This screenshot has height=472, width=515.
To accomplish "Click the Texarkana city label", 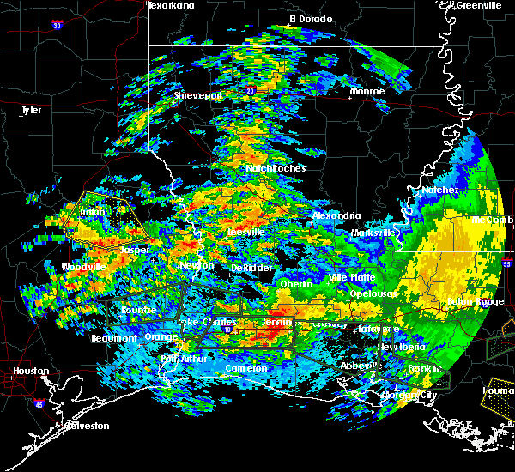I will pos(171,5).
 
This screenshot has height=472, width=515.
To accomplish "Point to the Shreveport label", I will pos(198,95).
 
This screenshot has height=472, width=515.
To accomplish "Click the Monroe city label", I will pos(367,91).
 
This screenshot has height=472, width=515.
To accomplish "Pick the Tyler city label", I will pos(31,110).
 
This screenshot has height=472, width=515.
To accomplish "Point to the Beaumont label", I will pos(114,338).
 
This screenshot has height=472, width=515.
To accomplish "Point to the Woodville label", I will pos(84,268).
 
